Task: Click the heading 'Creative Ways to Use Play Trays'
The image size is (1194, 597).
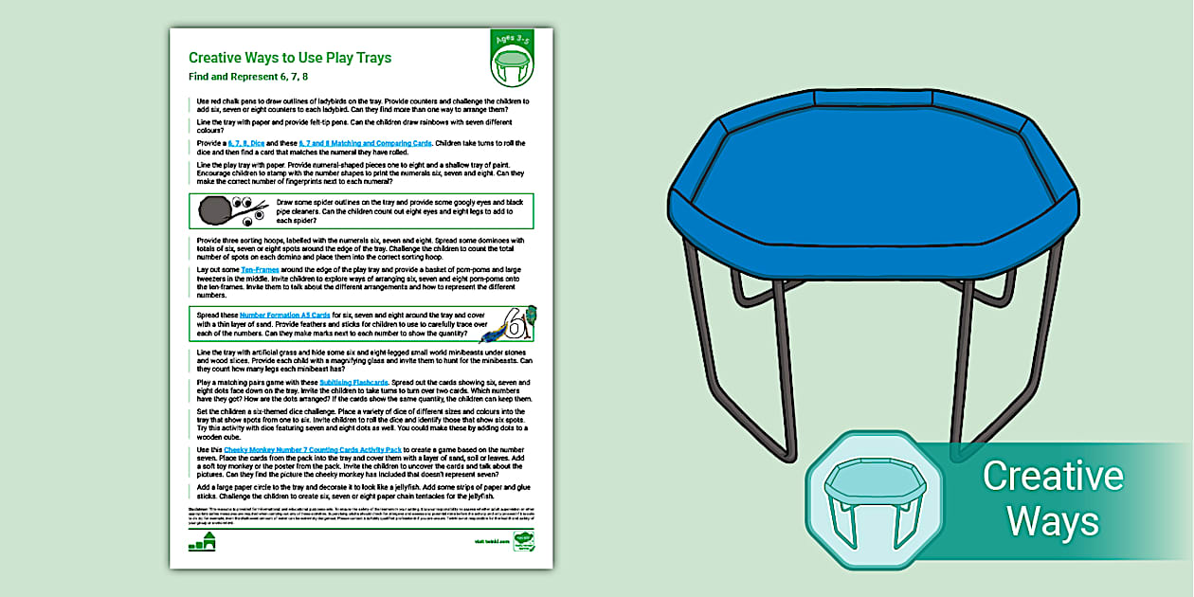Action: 290,58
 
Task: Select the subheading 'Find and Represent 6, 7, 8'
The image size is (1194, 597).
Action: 248,77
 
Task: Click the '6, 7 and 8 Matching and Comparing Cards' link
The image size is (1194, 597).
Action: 365,143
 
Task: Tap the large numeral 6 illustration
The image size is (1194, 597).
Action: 516,325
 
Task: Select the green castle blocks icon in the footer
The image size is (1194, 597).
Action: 203,541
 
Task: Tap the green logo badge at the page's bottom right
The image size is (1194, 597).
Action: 522,541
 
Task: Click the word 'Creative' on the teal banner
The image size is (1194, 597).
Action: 1052,476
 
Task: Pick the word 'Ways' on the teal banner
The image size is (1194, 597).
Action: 1052,520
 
